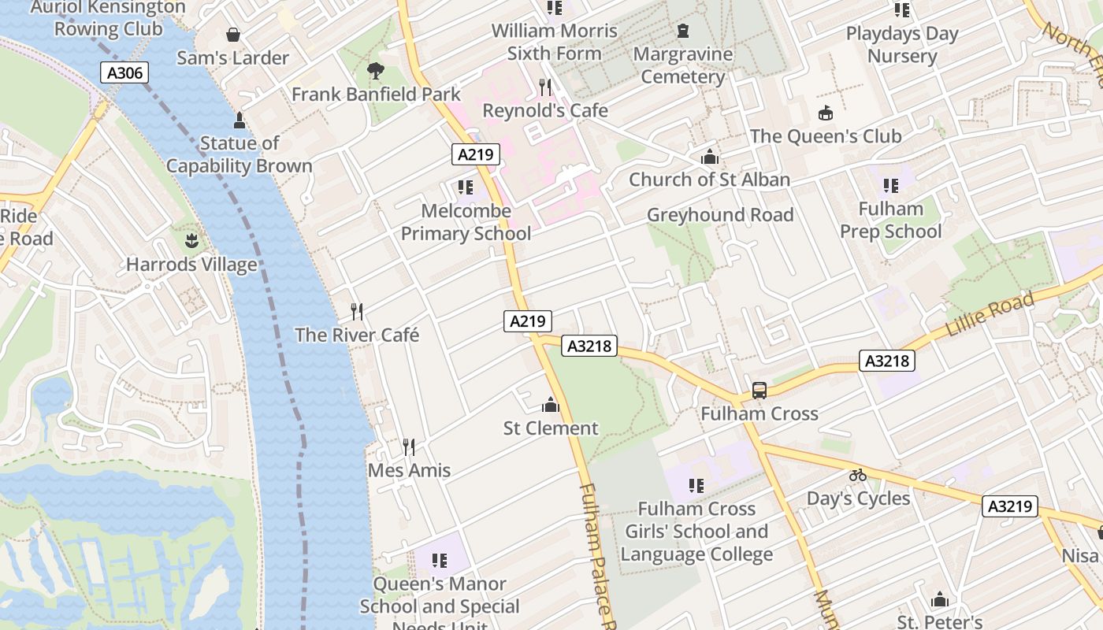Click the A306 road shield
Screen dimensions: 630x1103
coord(124,73)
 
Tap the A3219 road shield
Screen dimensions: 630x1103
coord(1009,506)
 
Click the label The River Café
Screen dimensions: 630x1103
coord(357,335)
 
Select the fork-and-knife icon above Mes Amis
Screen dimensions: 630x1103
coord(409,447)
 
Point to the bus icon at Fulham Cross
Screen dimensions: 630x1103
coord(759,390)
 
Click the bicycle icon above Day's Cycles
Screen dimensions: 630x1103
coord(858,475)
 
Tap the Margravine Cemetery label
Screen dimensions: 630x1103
coord(683,65)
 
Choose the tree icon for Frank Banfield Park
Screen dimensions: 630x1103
coord(376,71)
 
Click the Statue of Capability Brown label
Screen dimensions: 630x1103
coord(240,154)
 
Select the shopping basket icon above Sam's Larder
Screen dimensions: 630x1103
coord(233,35)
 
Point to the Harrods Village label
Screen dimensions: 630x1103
coord(191,265)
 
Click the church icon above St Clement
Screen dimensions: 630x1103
coord(551,406)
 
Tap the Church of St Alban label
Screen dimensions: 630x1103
coord(709,180)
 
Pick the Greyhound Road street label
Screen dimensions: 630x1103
coord(720,215)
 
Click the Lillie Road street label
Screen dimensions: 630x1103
coord(989,315)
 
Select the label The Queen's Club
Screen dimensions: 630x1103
coord(826,136)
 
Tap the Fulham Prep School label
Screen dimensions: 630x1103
coord(890,220)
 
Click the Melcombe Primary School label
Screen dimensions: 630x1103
coord(466,222)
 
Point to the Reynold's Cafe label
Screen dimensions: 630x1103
coord(545,110)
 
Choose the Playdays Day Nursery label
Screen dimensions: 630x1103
coord(902,45)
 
